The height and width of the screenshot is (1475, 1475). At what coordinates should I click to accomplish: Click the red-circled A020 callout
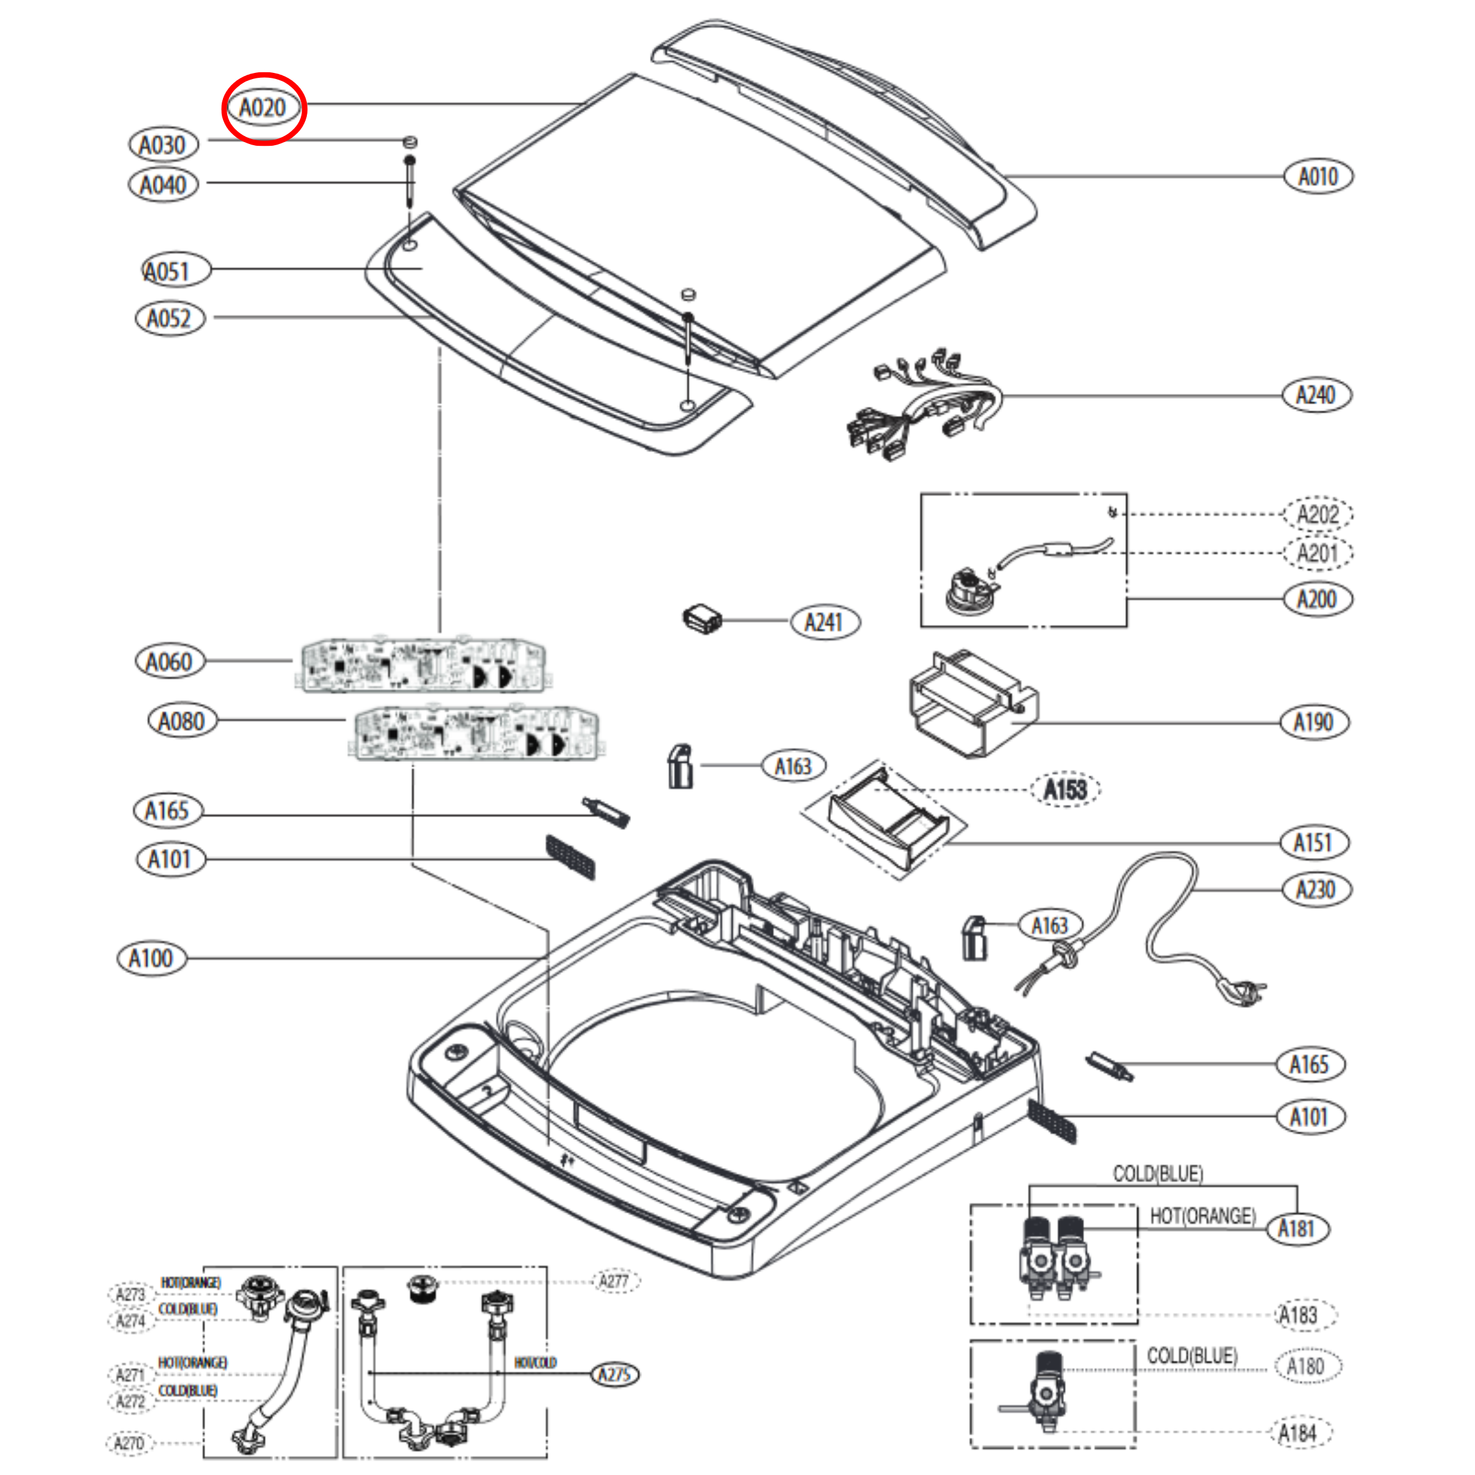point(263,108)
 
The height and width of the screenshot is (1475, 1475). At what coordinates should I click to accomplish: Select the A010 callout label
point(1318,176)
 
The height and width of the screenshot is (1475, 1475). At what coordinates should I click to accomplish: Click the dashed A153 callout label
point(1065,790)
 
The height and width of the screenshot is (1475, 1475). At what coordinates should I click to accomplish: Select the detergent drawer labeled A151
point(889,821)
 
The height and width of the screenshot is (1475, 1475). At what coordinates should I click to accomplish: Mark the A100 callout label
point(151,958)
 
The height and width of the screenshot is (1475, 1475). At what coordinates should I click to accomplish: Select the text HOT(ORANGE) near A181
point(1202,1215)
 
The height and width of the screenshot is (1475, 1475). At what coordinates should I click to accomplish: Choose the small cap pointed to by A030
point(410,141)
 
